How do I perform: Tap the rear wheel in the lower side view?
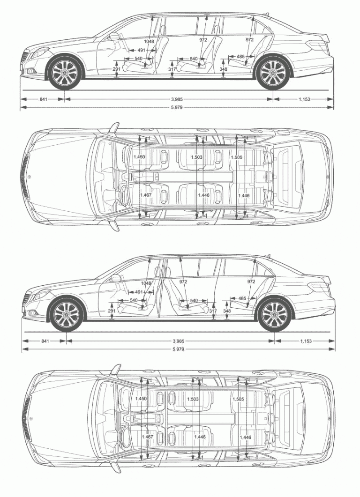coord(275,314)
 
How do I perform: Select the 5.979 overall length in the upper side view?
coord(176,108)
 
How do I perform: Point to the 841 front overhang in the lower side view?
coord(45,341)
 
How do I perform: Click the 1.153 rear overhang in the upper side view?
coord(304,99)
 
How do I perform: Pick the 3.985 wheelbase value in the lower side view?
coord(179,341)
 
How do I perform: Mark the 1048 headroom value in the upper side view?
coord(149,41)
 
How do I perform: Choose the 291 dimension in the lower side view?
coord(112,311)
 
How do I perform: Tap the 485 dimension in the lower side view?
coord(242,298)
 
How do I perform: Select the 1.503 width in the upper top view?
coord(197,157)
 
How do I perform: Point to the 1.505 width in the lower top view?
coord(238,399)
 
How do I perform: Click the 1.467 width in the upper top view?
coord(146,195)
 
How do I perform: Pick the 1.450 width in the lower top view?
coord(141,399)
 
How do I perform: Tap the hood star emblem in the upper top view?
coord(30,177)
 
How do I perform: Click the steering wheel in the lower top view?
coord(124,436)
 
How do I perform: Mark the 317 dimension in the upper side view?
coord(172,69)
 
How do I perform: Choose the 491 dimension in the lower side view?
coord(139,292)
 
